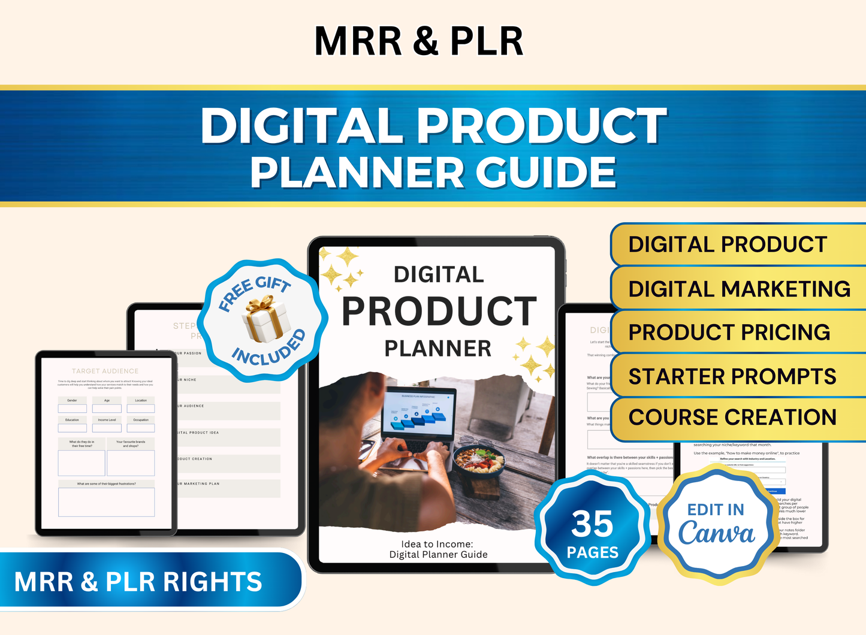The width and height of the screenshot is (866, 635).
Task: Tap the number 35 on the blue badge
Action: (592, 524)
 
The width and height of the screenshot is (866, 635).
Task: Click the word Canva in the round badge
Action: (716, 533)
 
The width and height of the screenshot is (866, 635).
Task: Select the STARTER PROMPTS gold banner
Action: (732, 376)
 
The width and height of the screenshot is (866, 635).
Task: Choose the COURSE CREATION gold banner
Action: (732, 418)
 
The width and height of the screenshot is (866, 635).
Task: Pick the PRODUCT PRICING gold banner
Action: (729, 332)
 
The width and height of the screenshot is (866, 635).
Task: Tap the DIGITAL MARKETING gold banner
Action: (739, 289)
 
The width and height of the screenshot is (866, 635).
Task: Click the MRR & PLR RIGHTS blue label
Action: (138, 582)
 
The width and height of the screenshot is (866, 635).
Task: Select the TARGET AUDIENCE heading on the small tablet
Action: (105, 371)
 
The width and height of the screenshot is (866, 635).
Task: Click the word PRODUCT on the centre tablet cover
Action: (439, 312)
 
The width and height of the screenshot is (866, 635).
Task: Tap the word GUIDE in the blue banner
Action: (546, 172)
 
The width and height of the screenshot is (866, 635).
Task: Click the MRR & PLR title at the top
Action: (419, 41)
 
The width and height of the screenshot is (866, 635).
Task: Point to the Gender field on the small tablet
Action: (72, 405)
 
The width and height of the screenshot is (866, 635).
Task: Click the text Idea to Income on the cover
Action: (437, 544)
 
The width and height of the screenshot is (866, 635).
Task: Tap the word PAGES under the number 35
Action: (592, 552)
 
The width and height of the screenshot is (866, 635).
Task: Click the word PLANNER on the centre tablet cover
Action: (437, 348)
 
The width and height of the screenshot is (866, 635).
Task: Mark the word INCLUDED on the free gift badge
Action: (268, 349)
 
